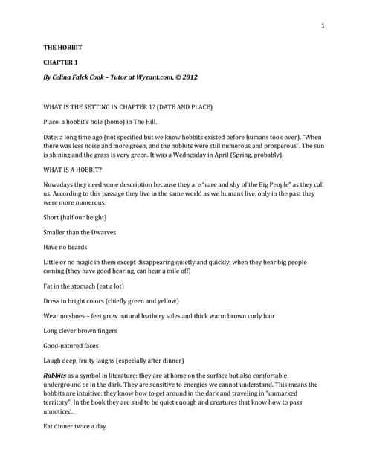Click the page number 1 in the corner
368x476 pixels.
pos(323,27)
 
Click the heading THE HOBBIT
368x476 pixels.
pos(62,48)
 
